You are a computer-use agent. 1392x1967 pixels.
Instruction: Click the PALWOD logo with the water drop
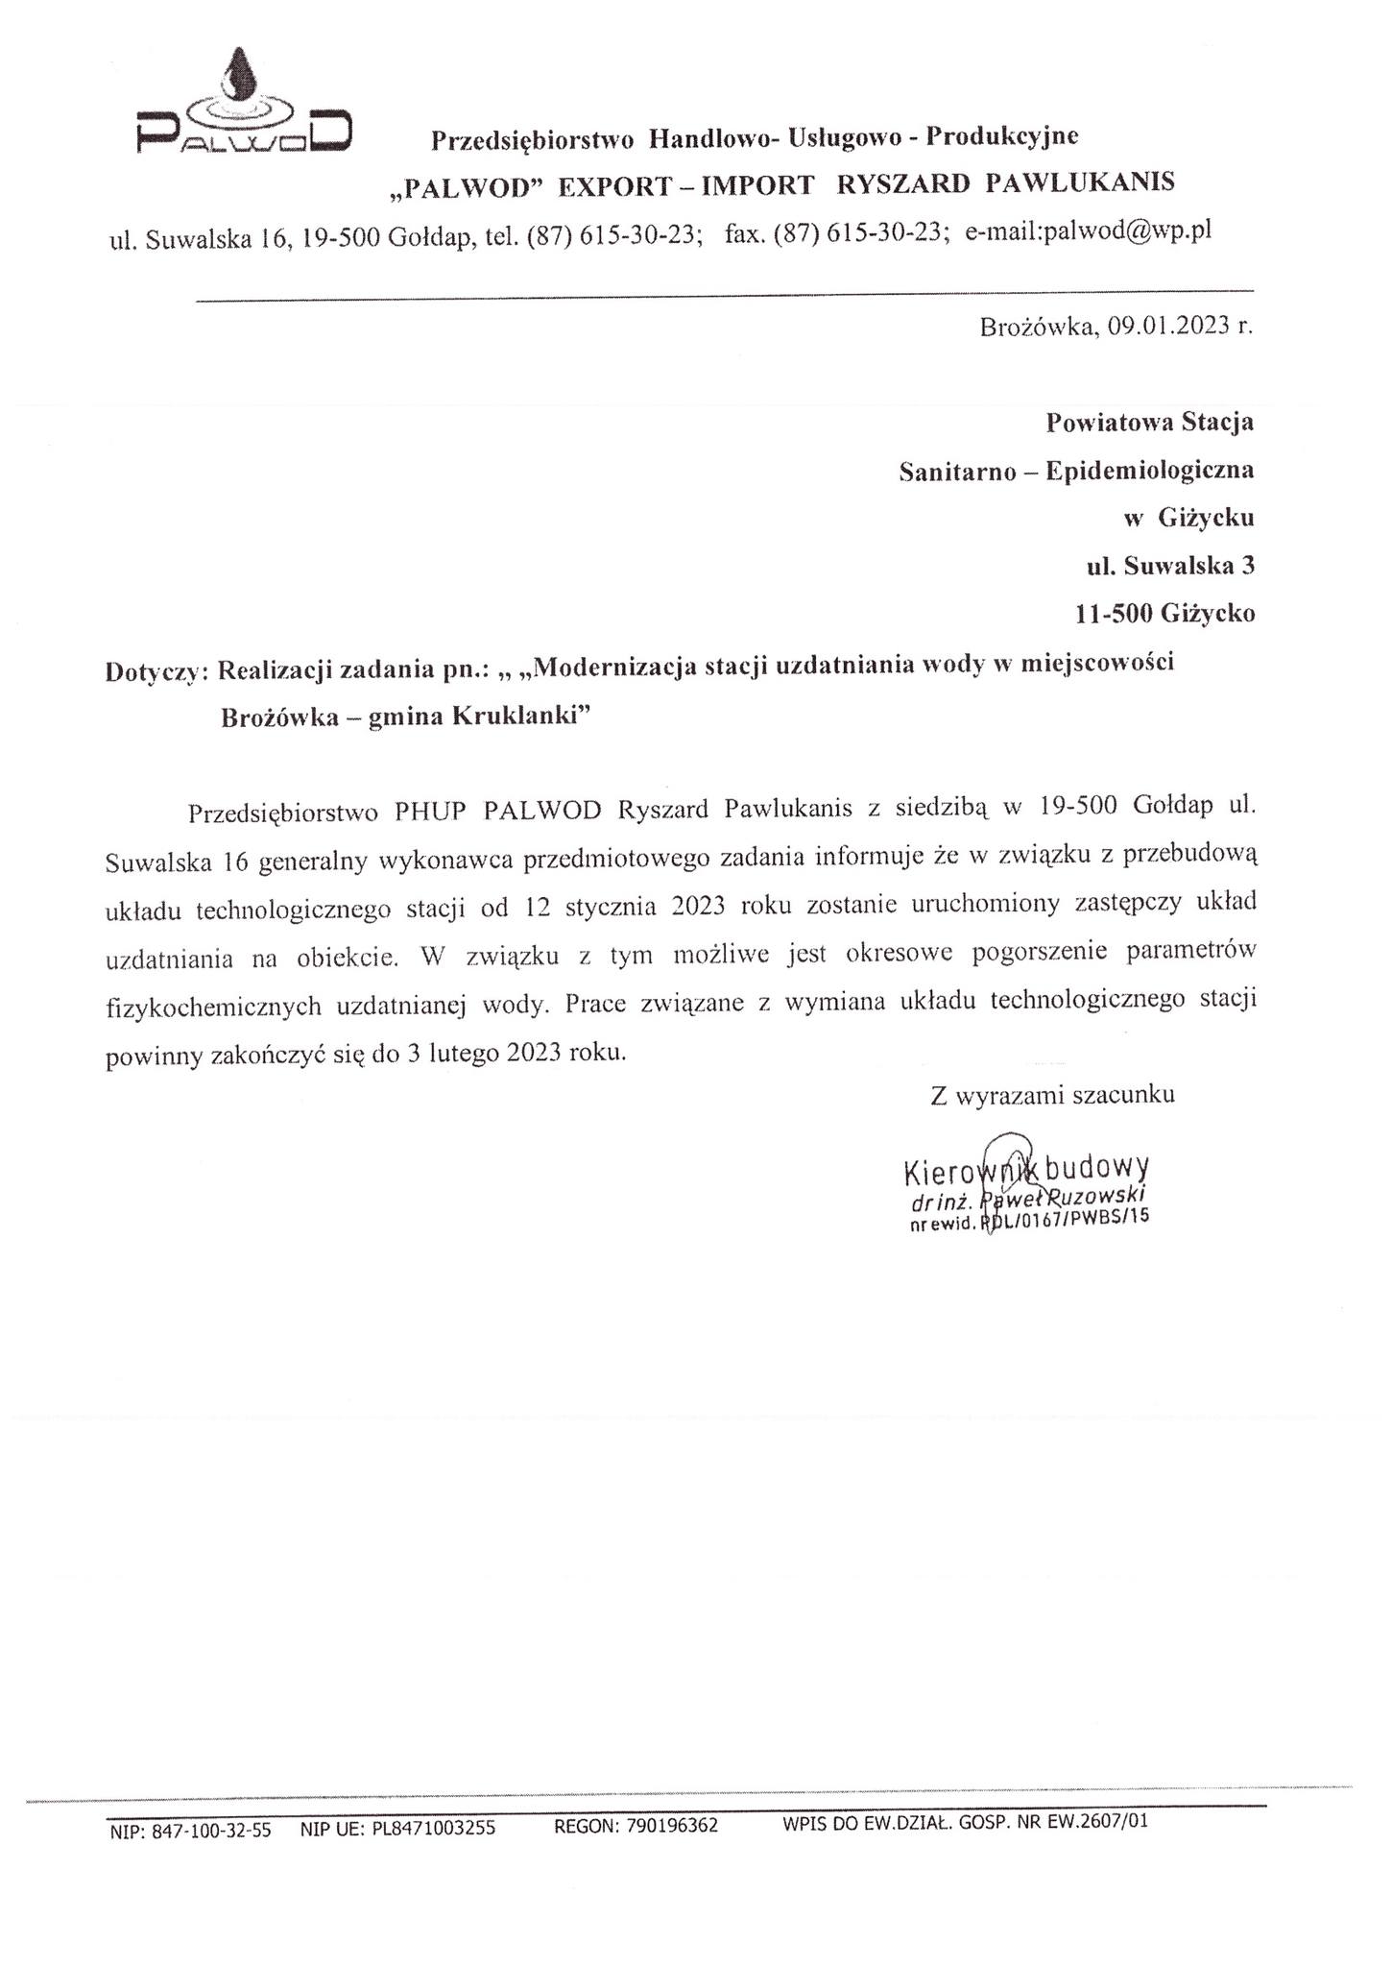click(x=243, y=106)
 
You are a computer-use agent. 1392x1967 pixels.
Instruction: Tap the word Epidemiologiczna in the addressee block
click(x=1149, y=471)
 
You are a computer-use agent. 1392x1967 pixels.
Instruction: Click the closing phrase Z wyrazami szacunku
click(x=1052, y=1095)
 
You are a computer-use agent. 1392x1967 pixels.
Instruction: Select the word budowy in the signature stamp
click(x=1096, y=1169)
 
